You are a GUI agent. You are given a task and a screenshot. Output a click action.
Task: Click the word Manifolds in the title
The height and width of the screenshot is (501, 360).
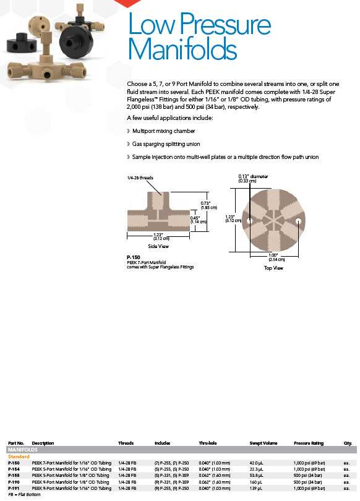[182, 48]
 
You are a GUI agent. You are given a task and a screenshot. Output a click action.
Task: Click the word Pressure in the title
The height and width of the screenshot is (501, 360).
[225, 24]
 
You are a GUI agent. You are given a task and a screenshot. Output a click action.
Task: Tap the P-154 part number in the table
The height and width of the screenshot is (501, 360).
[14, 469]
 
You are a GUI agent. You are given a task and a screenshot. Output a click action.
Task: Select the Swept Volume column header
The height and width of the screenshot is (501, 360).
[264, 443]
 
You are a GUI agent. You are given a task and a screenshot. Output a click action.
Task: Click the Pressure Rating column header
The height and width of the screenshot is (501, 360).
[309, 443]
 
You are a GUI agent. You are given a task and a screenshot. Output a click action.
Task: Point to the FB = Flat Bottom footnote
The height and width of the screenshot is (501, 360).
[24, 494]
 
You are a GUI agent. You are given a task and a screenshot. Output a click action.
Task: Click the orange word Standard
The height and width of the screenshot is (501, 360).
[19, 456]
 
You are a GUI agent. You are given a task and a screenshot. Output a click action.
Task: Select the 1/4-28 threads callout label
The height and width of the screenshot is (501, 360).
[140, 178]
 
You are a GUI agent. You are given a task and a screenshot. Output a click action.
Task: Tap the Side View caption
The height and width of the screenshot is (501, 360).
[158, 246]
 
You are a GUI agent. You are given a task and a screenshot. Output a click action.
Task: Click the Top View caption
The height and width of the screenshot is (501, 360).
[274, 268]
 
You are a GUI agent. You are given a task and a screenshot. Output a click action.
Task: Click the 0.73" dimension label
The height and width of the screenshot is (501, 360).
[205, 203]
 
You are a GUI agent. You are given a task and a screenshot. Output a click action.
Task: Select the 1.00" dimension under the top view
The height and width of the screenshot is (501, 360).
[273, 255]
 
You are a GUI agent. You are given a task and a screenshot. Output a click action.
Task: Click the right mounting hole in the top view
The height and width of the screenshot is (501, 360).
[298, 220]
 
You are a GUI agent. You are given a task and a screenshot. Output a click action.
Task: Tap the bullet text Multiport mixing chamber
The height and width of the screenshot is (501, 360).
[163, 131]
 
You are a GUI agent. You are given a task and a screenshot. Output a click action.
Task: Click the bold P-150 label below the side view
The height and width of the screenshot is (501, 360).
[134, 257]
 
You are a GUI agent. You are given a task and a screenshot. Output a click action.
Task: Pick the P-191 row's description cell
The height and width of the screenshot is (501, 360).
[72, 488]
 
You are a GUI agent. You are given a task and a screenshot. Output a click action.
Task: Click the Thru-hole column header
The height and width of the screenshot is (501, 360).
[208, 443]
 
